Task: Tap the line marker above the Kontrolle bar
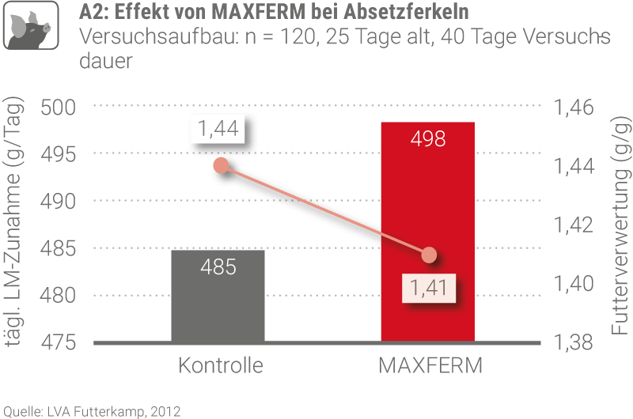(x=222, y=165)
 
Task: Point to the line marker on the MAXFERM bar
(x=429, y=255)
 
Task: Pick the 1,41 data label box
(x=428, y=287)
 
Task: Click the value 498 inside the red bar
(x=428, y=140)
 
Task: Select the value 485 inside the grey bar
(x=218, y=266)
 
